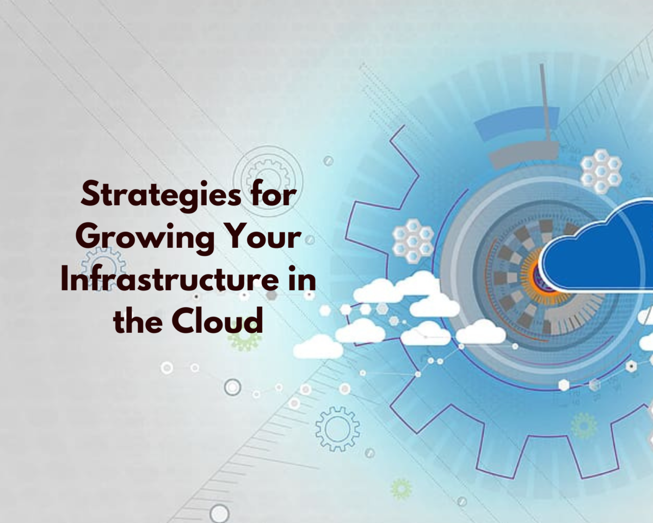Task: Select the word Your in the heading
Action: [264, 235]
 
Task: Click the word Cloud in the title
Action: [217, 320]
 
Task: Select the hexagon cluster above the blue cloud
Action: [601, 171]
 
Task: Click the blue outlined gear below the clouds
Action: [337, 429]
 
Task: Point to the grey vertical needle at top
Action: [545, 104]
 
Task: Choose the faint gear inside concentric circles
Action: [268, 177]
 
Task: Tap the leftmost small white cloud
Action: [318, 347]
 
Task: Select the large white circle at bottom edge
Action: [219, 514]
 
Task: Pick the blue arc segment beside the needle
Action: [516, 121]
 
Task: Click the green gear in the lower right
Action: [584, 425]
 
